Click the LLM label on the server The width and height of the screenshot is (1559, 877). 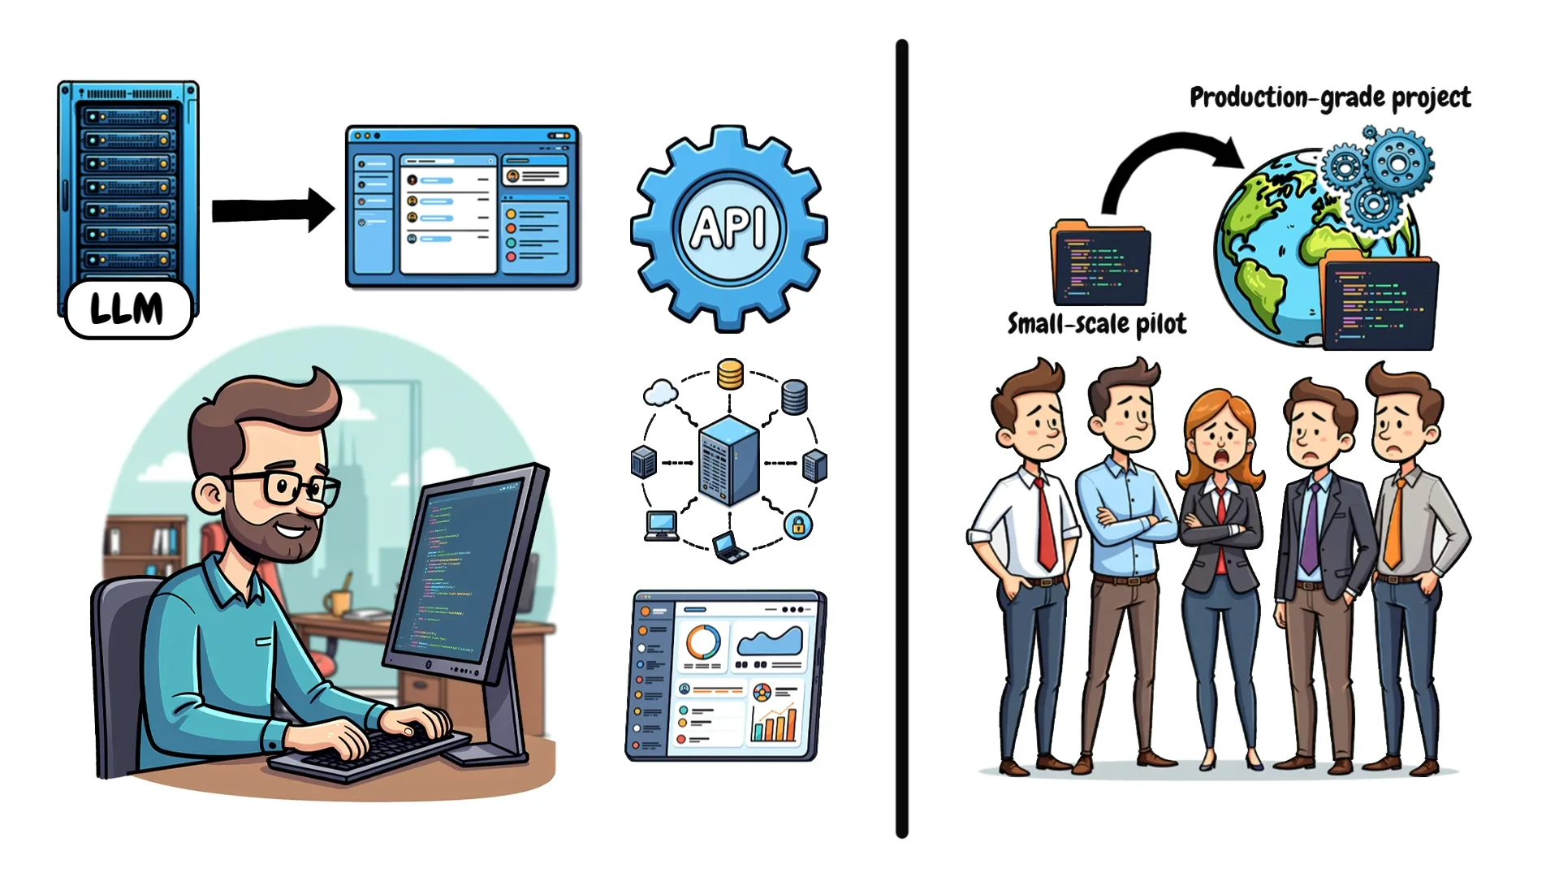(128, 309)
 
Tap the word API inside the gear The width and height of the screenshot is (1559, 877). (728, 227)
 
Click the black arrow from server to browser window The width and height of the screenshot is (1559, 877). (273, 210)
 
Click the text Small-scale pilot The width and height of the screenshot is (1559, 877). (1096, 324)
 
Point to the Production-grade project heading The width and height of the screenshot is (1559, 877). (1330, 97)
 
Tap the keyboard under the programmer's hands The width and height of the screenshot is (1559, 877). (369, 751)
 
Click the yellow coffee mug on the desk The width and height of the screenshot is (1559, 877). (338, 602)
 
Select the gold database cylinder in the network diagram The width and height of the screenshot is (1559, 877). (730, 374)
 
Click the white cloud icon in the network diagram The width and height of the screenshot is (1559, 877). (660, 393)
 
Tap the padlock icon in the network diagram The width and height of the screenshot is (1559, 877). (798, 525)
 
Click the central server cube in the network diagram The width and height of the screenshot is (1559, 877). (728, 460)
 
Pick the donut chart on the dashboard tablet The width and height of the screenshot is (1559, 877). (703, 642)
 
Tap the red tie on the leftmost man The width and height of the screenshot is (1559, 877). (1045, 524)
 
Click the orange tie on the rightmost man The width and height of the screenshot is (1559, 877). (1395, 524)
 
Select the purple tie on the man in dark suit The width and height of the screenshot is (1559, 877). (1309, 528)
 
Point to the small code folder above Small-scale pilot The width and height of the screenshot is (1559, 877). (1100, 262)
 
